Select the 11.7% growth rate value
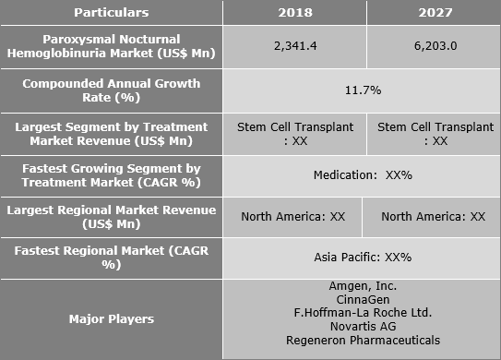pos(361,90)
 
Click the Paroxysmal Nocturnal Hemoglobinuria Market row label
pos(112,48)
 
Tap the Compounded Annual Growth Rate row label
pos(112,90)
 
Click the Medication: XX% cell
pos(361,174)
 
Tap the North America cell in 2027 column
pos(432,216)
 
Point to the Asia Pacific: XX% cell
pos(361,257)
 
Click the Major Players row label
pos(112,318)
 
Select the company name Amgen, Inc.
pos(361,287)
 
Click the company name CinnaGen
pos(361,300)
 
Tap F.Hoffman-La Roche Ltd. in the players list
pos(361,314)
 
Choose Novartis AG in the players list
pos(361,327)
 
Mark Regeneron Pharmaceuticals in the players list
pos(361,340)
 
